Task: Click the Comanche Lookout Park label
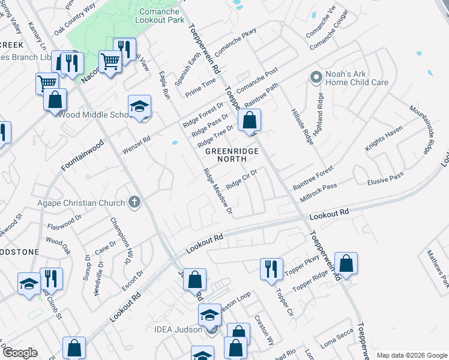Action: tap(162, 16)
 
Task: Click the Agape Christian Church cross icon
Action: tap(134, 203)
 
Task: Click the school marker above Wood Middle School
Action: tap(139, 107)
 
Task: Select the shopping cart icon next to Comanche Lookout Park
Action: tap(110, 61)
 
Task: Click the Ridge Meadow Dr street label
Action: tap(217, 191)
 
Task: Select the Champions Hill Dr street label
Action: tap(121, 241)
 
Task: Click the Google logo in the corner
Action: tap(20, 353)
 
